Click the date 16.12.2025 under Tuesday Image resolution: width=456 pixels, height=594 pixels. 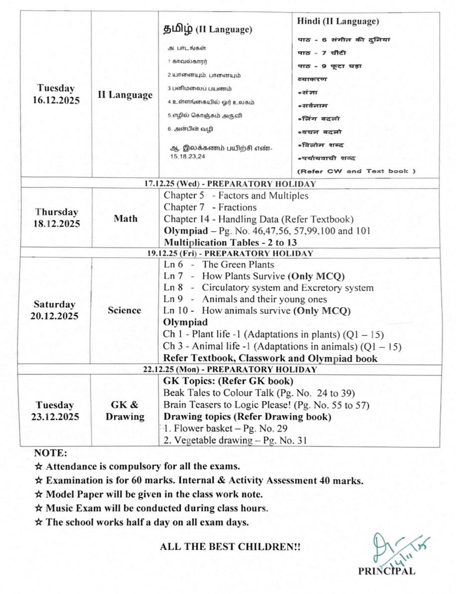56,99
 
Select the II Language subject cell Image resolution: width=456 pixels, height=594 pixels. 125,94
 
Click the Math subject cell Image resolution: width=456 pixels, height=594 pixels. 125,218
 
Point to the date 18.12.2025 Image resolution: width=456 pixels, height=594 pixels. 56,224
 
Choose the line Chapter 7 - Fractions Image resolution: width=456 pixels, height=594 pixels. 210,207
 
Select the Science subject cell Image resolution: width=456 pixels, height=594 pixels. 124,310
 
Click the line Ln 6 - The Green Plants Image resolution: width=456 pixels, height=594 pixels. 219,264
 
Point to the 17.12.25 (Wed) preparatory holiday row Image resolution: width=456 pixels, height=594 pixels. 230,183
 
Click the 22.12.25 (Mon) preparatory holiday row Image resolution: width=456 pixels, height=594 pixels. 230,369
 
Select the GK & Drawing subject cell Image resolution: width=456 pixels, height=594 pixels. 124,411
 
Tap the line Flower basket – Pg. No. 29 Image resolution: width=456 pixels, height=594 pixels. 226,428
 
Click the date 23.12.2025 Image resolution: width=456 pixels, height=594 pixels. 56,417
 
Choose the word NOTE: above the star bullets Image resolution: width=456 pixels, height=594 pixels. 50,453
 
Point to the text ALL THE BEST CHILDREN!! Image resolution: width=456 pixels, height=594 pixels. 230,547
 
